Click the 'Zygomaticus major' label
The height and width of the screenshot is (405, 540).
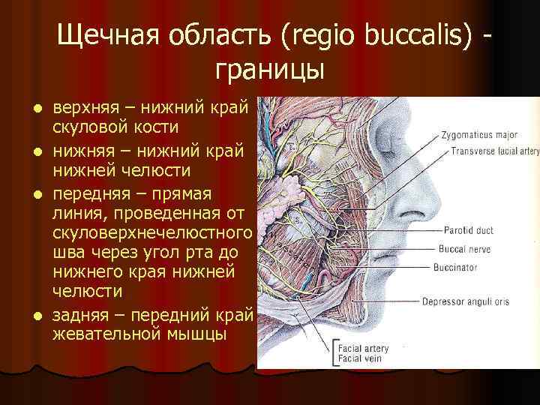[480, 136]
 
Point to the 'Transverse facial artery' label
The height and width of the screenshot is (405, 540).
[495, 151]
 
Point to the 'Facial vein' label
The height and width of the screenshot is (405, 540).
[361, 358]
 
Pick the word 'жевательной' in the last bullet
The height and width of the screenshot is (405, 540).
[104, 332]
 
